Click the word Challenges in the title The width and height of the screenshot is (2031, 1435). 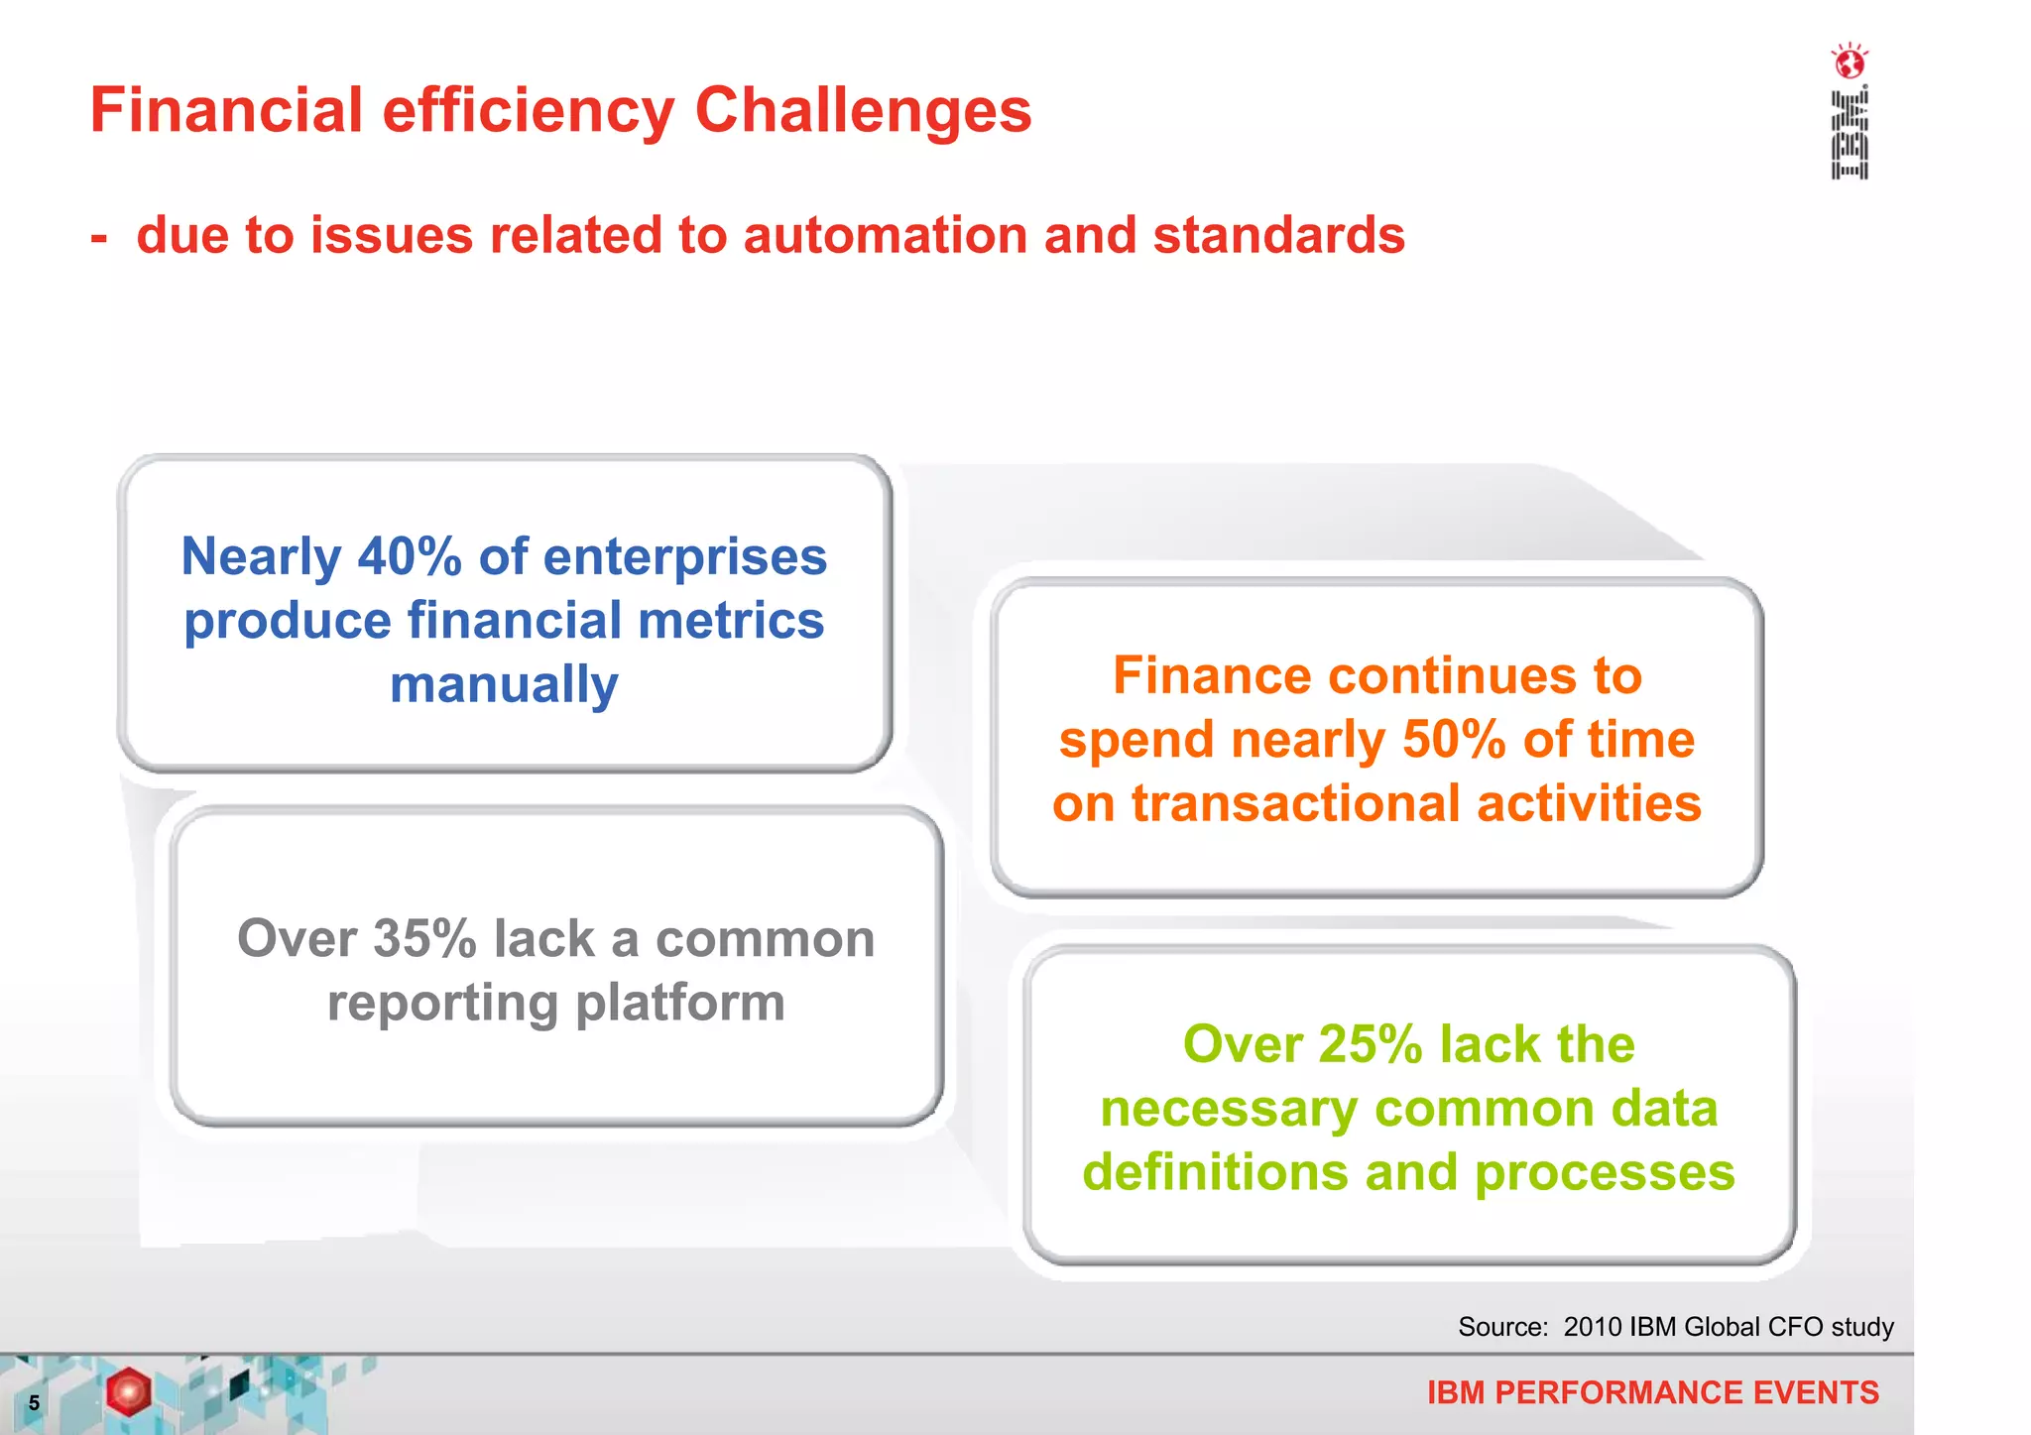click(863, 110)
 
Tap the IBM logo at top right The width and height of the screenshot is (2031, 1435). click(1850, 135)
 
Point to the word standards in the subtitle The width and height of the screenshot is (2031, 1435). click(1278, 236)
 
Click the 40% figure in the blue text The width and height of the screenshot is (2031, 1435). click(409, 556)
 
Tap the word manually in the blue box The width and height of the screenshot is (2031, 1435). click(504, 684)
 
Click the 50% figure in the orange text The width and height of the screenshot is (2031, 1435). click(1454, 740)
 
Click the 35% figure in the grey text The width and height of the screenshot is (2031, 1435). click(424, 938)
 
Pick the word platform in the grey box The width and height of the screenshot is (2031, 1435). click(680, 1003)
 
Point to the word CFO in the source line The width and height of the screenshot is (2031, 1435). click(1795, 1327)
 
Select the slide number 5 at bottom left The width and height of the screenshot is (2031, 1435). click(34, 1402)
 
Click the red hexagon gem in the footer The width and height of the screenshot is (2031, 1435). click(129, 1391)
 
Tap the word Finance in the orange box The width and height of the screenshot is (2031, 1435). click(1212, 676)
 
